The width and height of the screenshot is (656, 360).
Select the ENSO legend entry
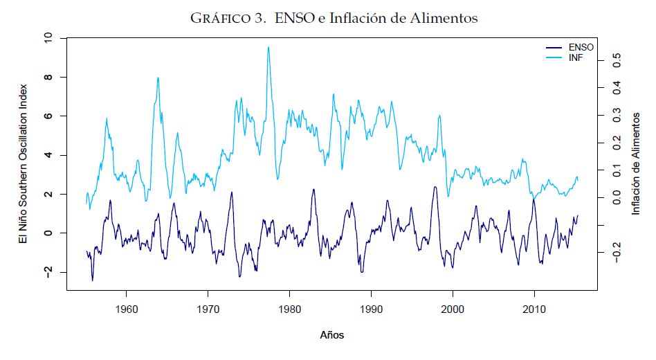tap(581, 47)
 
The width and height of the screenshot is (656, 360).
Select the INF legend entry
tap(576, 56)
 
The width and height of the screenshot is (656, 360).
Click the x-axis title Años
tap(332, 336)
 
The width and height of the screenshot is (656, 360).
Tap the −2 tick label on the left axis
tap(48, 272)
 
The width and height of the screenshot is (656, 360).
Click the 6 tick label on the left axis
tap(48, 116)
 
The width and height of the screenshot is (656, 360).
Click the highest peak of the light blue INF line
tap(268, 47)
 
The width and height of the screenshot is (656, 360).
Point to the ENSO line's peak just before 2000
tap(435, 187)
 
